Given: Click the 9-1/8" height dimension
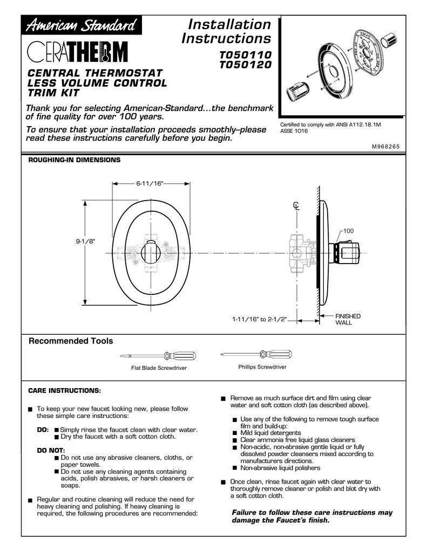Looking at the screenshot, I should pos(85,241).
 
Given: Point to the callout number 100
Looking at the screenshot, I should pos(348,231).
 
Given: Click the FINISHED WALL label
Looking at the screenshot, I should pos(348,319).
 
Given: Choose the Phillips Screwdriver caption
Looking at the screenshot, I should pos(262,367).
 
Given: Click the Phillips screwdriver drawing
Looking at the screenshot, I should pos(256,354).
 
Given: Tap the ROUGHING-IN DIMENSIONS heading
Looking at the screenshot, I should pos(74,161).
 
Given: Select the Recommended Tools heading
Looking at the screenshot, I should pos(71,341).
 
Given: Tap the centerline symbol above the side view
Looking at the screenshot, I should pos(296,205).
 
